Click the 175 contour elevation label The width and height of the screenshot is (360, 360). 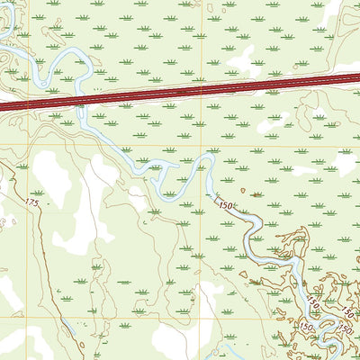pos(32,204)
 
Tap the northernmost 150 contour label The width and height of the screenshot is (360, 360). pos(226,206)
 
